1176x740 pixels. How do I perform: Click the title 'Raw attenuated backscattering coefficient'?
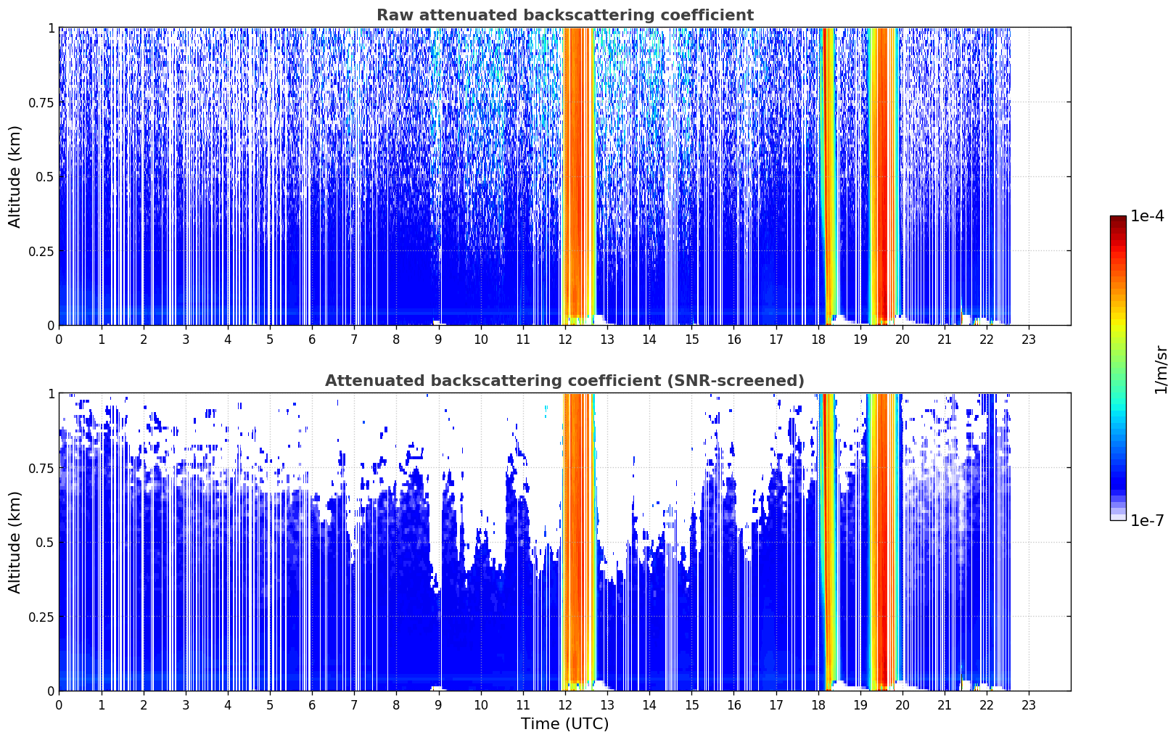[565, 15]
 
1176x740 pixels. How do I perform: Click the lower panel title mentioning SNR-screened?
[565, 380]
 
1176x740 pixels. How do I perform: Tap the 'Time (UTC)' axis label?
[565, 724]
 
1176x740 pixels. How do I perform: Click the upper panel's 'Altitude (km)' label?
[15, 177]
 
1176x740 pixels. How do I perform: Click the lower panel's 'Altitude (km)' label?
[15, 543]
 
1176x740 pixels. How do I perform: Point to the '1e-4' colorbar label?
[1147, 215]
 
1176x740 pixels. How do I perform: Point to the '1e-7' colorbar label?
[1147, 521]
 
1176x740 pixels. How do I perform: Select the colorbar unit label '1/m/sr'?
[1161, 369]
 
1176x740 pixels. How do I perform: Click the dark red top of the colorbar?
[1118, 219]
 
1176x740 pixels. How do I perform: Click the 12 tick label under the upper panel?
[565, 340]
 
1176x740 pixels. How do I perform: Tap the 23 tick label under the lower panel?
[1029, 705]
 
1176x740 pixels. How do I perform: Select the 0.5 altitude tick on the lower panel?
[45, 542]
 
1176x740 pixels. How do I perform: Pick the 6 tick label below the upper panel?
[312, 340]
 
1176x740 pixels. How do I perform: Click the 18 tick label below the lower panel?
[818, 705]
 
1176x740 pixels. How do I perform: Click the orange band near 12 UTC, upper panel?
[579, 173]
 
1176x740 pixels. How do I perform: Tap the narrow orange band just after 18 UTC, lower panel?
[828, 540]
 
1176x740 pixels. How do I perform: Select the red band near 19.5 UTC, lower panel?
[883, 540]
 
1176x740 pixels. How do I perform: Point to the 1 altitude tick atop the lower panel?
[52, 394]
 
